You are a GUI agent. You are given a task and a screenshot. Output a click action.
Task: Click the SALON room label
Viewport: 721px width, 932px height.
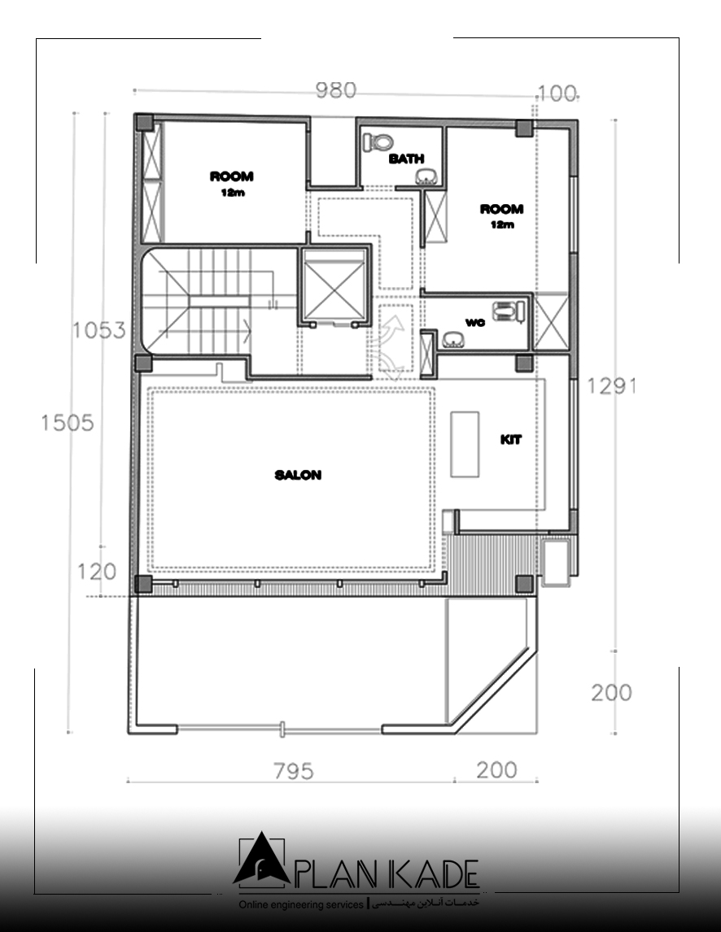click(x=298, y=475)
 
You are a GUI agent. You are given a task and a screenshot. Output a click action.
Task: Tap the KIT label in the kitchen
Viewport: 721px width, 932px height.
click(x=510, y=440)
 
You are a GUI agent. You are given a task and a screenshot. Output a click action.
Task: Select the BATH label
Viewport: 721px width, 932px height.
click(x=406, y=159)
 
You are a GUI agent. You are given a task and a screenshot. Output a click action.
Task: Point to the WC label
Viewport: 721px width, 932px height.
click(x=474, y=323)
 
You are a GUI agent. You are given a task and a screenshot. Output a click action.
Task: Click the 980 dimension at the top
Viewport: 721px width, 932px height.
click(x=336, y=90)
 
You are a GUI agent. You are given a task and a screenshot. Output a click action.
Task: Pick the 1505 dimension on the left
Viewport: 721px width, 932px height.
click(x=68, y=423)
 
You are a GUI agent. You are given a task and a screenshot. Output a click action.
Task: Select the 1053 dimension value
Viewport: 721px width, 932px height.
click(x=98, y=330)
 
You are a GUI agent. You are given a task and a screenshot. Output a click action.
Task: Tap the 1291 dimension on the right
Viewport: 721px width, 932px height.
click(x=611, y=386)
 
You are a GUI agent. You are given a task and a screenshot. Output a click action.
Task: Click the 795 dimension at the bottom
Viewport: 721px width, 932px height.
click(x=294, y=771)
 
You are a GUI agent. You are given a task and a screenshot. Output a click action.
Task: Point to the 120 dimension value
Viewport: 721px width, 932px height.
click(x=97, y=572)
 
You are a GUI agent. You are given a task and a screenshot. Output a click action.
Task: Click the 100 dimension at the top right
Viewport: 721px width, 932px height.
click(x=557, y=94)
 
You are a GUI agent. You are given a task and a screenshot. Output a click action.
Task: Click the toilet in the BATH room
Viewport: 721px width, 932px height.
click(x=378, y=142)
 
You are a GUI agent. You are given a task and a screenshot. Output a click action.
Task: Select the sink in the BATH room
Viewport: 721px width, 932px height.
click(x=426, y=176)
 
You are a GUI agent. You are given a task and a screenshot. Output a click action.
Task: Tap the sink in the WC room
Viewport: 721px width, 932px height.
click(x=455, y=340)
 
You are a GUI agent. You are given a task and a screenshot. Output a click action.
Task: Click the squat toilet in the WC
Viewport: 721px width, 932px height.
click(x=509, y=311)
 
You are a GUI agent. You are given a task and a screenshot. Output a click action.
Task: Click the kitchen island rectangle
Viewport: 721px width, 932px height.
click(x=465, y=444)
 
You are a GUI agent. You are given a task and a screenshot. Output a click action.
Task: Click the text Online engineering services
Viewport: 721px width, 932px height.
click(x=301, y=904)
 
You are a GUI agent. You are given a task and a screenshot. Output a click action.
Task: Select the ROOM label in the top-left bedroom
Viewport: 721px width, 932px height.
click(x=231, y=176)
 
